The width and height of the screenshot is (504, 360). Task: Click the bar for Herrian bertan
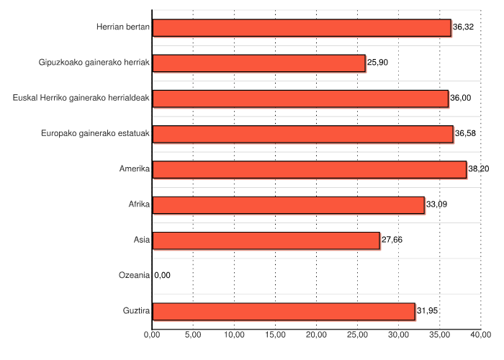[302, 28]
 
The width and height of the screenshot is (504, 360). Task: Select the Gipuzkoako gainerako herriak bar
[259, 63]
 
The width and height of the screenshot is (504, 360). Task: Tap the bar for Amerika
[310, 170]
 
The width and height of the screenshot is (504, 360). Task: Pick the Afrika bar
[289, 205]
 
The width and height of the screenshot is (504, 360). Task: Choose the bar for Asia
[266, 240]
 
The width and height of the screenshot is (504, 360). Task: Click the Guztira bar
[284, 311]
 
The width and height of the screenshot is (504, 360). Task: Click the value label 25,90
[378, 63]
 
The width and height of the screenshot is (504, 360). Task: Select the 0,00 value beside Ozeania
[163, 275]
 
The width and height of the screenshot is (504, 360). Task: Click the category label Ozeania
[134, 275]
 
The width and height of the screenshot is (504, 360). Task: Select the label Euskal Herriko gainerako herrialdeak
[81, 98]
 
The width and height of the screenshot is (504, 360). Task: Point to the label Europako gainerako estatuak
[95, 133]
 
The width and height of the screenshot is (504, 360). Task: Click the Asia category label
[141, 240]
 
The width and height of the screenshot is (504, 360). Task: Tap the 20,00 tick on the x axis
[317, 335]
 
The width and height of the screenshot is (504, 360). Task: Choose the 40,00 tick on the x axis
[481, 335]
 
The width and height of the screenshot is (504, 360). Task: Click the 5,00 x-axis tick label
[193, 335]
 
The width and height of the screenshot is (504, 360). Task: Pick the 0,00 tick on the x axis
[152, 335]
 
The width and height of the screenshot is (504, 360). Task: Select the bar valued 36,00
[300, 99]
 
